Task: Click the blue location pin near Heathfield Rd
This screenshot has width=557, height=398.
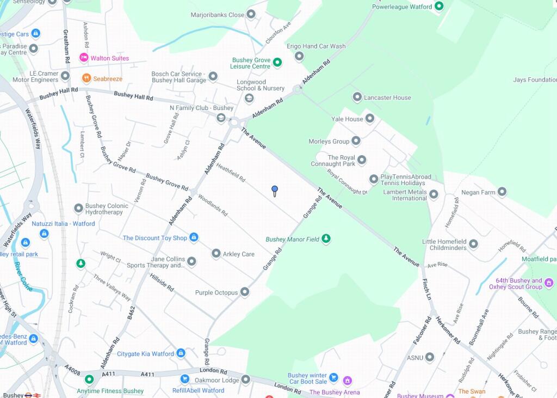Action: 275,190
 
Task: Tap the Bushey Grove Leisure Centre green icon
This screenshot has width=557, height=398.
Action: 277,63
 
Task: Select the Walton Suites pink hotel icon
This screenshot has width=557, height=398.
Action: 84,58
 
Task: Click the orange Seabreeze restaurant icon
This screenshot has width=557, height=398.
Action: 86,78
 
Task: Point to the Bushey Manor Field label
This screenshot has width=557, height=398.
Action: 292,239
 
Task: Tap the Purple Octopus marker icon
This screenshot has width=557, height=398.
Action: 245,292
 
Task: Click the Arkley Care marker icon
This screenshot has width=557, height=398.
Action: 216,254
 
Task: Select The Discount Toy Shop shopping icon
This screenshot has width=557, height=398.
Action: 193,237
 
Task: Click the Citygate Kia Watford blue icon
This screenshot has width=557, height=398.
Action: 181,353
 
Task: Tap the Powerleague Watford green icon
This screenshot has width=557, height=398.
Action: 439,7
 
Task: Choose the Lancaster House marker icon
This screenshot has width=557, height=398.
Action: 357,97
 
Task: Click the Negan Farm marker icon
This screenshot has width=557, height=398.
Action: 502,192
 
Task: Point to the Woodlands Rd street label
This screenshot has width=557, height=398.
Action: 213,205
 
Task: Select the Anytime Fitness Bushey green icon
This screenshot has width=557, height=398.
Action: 89,379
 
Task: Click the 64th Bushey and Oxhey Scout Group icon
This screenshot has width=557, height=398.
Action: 548,283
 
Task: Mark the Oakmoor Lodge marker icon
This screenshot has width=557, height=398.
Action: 245,379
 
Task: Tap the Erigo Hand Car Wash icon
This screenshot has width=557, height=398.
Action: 299,56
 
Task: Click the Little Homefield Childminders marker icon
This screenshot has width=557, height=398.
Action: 473,244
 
